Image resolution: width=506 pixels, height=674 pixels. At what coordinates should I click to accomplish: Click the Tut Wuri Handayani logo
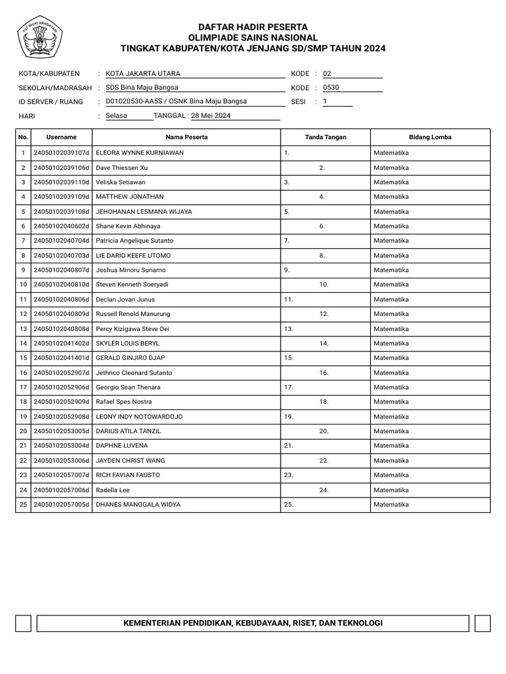coord(39,37)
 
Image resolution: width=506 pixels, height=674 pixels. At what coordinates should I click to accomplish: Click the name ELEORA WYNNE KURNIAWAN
coord(140,153)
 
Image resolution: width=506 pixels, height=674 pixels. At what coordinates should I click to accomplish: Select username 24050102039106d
coord(61,168)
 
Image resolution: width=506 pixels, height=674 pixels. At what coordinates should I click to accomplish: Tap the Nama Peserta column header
coord(187,137)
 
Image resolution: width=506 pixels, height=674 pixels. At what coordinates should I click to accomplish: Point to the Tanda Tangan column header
coord(325,137)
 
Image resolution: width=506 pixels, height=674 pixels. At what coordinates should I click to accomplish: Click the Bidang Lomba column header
coord(430,137)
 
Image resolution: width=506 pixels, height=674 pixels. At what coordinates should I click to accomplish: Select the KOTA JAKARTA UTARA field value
coord(143,74)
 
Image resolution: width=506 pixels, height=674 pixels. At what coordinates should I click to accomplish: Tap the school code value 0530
coord(331,87)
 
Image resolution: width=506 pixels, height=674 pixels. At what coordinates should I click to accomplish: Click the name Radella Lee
coord(113,490)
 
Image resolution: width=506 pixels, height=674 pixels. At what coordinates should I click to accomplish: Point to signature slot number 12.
coord(323,314)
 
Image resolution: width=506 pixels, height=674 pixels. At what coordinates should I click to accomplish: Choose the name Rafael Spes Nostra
coord(124,402)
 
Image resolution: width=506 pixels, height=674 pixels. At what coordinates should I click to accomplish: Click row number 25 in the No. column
coord(23,505)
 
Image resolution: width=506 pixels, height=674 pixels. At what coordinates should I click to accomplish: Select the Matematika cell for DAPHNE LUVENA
coord(391,446)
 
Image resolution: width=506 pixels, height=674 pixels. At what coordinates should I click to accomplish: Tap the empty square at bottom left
coord(23,623)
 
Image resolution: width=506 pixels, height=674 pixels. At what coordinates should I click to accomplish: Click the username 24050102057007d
coord(61,475)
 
